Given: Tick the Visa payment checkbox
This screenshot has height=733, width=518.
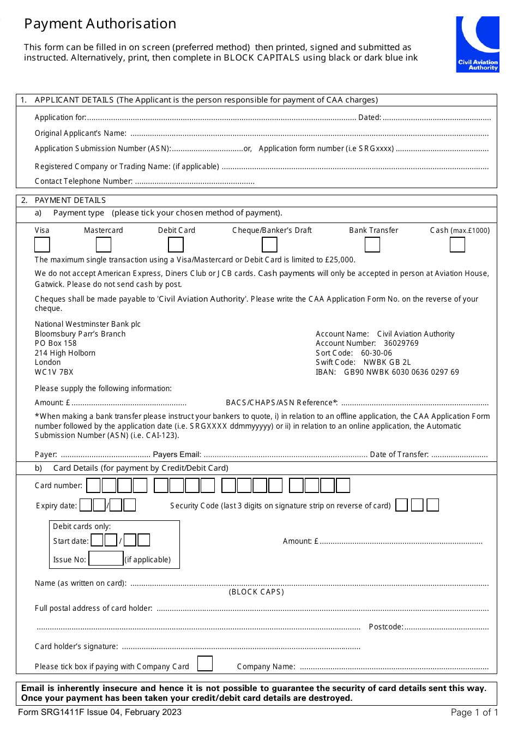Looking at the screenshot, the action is [x=42, y=245].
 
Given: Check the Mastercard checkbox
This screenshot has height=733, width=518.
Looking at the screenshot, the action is [x=104, y=245].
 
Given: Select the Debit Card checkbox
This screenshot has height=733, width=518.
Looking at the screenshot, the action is [x=176, y=245].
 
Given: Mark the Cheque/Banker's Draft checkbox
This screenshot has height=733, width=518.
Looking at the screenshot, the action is [x=269, y=245].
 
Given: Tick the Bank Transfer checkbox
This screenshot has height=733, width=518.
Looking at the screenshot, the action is [x=372, y=245].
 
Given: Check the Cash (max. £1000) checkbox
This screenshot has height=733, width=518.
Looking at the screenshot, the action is [x=457, y=245].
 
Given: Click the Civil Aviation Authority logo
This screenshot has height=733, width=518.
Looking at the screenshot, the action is [x=477, y=44].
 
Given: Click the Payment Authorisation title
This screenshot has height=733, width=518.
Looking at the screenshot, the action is [x=100, y=24].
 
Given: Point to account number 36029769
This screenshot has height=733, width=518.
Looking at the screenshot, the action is [x=401, y=343].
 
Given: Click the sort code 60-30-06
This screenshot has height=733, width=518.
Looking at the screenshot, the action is [x=376, y=353].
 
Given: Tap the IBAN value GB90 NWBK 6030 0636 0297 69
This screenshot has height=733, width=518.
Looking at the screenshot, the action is [x=401, y=372].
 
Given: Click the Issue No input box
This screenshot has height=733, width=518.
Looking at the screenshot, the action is [x=106, y=558].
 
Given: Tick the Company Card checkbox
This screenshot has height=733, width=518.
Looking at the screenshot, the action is [x=204, y=663].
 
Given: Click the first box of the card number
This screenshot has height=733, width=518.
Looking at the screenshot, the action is [x=94, y=485].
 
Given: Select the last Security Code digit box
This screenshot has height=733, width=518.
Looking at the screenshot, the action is [x=432, y=505].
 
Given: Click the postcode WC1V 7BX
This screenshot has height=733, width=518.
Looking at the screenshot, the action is [x=54, y=372].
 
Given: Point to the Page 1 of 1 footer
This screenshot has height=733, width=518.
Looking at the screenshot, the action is [x=474, y=712].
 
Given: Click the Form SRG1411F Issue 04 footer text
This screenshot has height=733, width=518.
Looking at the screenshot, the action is [x=100, y=712].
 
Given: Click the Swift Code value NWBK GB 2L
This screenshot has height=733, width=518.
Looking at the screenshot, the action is [x=387, y=362].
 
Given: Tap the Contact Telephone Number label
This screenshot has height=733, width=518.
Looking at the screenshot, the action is [x=83, y=181].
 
